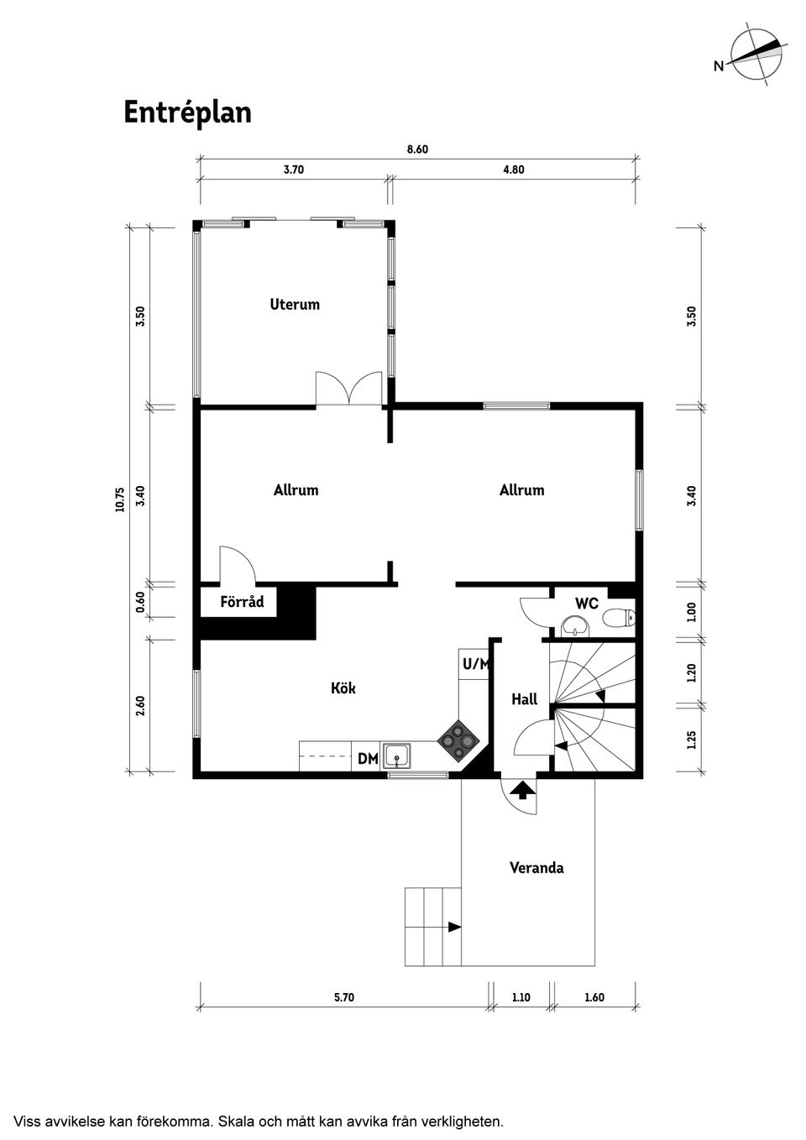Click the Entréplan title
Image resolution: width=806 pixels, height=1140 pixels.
pyautogui.click(x=187, y=112)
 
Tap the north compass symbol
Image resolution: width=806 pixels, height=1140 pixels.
pyautogui.click(x=755, y=55)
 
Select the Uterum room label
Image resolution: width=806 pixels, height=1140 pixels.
pyautogui.click(x=295, y=305)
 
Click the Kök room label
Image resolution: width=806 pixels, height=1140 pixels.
pyautogui.click(x=343, y=688)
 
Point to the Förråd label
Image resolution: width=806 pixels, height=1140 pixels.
pyautogui.click(x=242, y=602)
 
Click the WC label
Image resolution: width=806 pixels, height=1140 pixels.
pyautogui.click(x=586, y=604)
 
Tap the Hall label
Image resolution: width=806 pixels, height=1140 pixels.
pyautogui.click(x=524, y=699)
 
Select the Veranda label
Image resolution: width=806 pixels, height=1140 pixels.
pyautogui.click(x=536, y=868)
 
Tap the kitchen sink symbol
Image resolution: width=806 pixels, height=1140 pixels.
pyautogui.click(x=396, y=756)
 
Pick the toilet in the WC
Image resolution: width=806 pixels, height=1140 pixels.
pyautogui.click(x=619, y=619)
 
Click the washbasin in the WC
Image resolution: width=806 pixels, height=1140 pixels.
pyautogui.click(x=575, y=626)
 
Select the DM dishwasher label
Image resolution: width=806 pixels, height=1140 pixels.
pyautogui.click(x=367, y=759)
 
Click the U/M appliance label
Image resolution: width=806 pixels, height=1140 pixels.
pyautogui.click(x=475, y=664)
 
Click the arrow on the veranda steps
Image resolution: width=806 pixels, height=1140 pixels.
pyautogui.click(x=454, y=927)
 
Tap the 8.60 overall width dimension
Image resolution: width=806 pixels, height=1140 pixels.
pyautogui.click(x=417, y=149)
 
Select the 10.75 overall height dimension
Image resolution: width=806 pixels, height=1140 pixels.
pyautogui.click(x=120, y=499)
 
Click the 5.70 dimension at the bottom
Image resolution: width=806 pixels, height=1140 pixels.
pyautogui.click(x=344, y=997)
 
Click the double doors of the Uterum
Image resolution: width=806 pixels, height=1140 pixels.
pyautogui.click(x=348, y=390)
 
